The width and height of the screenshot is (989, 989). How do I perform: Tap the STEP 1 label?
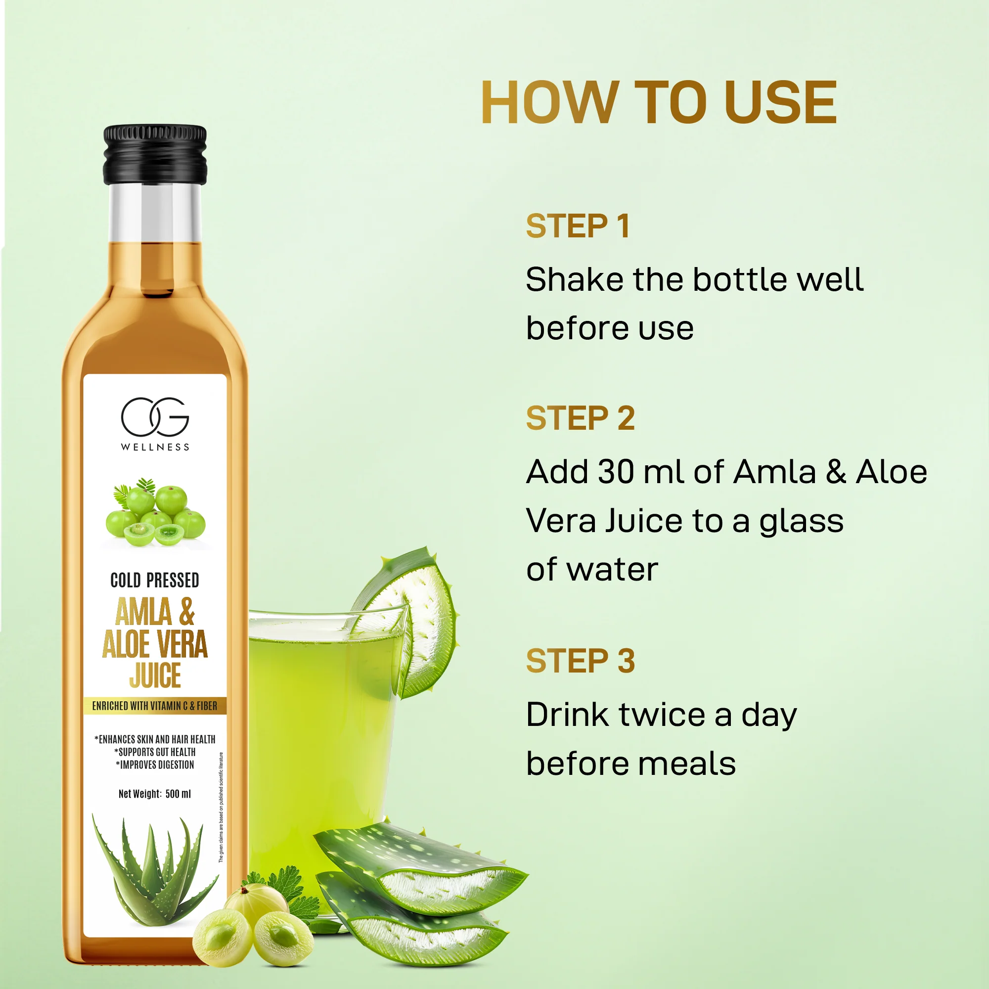[x=578, y=226]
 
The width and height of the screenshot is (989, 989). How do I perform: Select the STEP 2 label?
[x=580, y=418]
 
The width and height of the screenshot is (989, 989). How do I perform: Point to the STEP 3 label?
[x=580, y=660]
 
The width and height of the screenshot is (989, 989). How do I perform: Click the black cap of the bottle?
[x=155, y=155]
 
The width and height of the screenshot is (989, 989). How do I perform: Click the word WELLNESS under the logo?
[x=155, y=448]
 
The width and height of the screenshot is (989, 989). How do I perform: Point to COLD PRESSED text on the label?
[x=155, y=581]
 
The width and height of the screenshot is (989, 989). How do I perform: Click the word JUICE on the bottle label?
[x=155, y=675]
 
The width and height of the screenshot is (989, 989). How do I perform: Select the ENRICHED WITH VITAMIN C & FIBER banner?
[x=155, y=706]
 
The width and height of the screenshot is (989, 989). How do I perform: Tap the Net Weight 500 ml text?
[x=155, y=794]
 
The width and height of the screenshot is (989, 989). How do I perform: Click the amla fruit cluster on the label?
[x=156, y=513]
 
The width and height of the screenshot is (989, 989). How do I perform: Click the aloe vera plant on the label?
[x=154, y=870]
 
